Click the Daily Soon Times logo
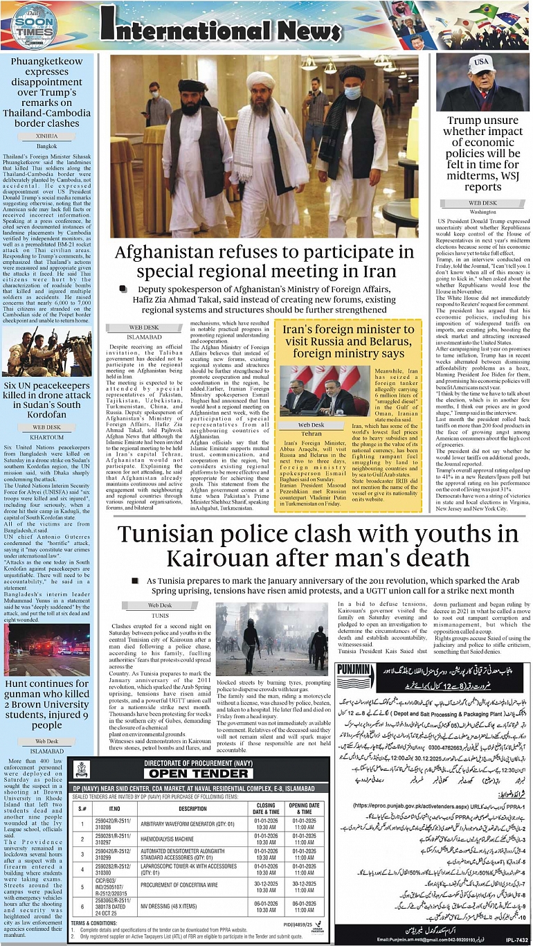pos(33,28)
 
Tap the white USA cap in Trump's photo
pos(479,65)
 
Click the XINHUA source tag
pos(48,136)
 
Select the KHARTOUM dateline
pos(47,437)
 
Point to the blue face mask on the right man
pos(352,92)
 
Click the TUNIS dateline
pos(161,614)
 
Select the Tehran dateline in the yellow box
pos(311,434)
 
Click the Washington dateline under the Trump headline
pos(482,211)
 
